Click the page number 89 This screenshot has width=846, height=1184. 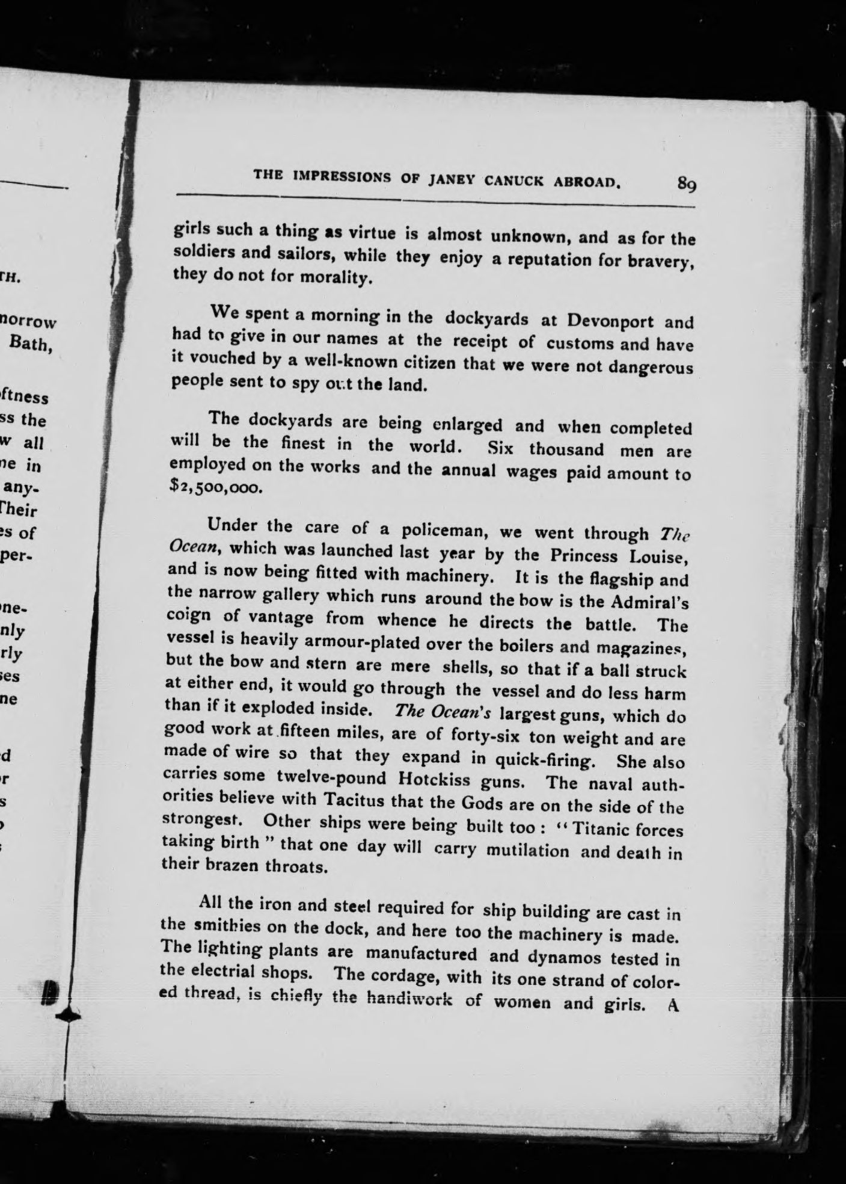(x=686, y=182)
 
